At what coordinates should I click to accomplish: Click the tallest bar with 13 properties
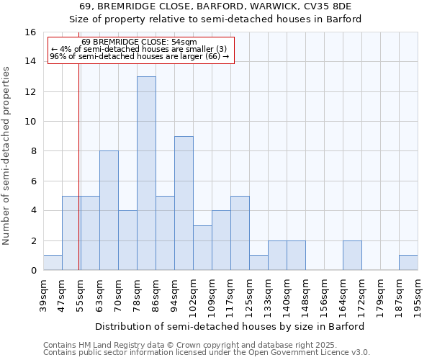(146, 174)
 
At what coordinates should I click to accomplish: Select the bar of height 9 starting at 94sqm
(184, 203)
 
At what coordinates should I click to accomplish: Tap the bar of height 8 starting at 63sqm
(109, 210)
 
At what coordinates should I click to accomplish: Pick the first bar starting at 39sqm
(53, 263)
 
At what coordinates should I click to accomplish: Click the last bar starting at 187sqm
(408, 263)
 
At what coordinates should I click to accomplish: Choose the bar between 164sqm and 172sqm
(352, 256)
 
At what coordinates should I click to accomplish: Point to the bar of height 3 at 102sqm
(202, 248)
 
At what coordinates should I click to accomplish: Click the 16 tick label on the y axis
(30, 32)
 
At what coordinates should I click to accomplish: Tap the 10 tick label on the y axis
(30, 122)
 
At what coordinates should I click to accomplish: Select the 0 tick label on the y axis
(33, 271)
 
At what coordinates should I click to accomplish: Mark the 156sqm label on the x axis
(325, 295)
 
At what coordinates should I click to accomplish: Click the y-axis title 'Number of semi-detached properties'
(8, 156)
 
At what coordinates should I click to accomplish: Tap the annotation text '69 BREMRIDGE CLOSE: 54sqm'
(140, 42)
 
